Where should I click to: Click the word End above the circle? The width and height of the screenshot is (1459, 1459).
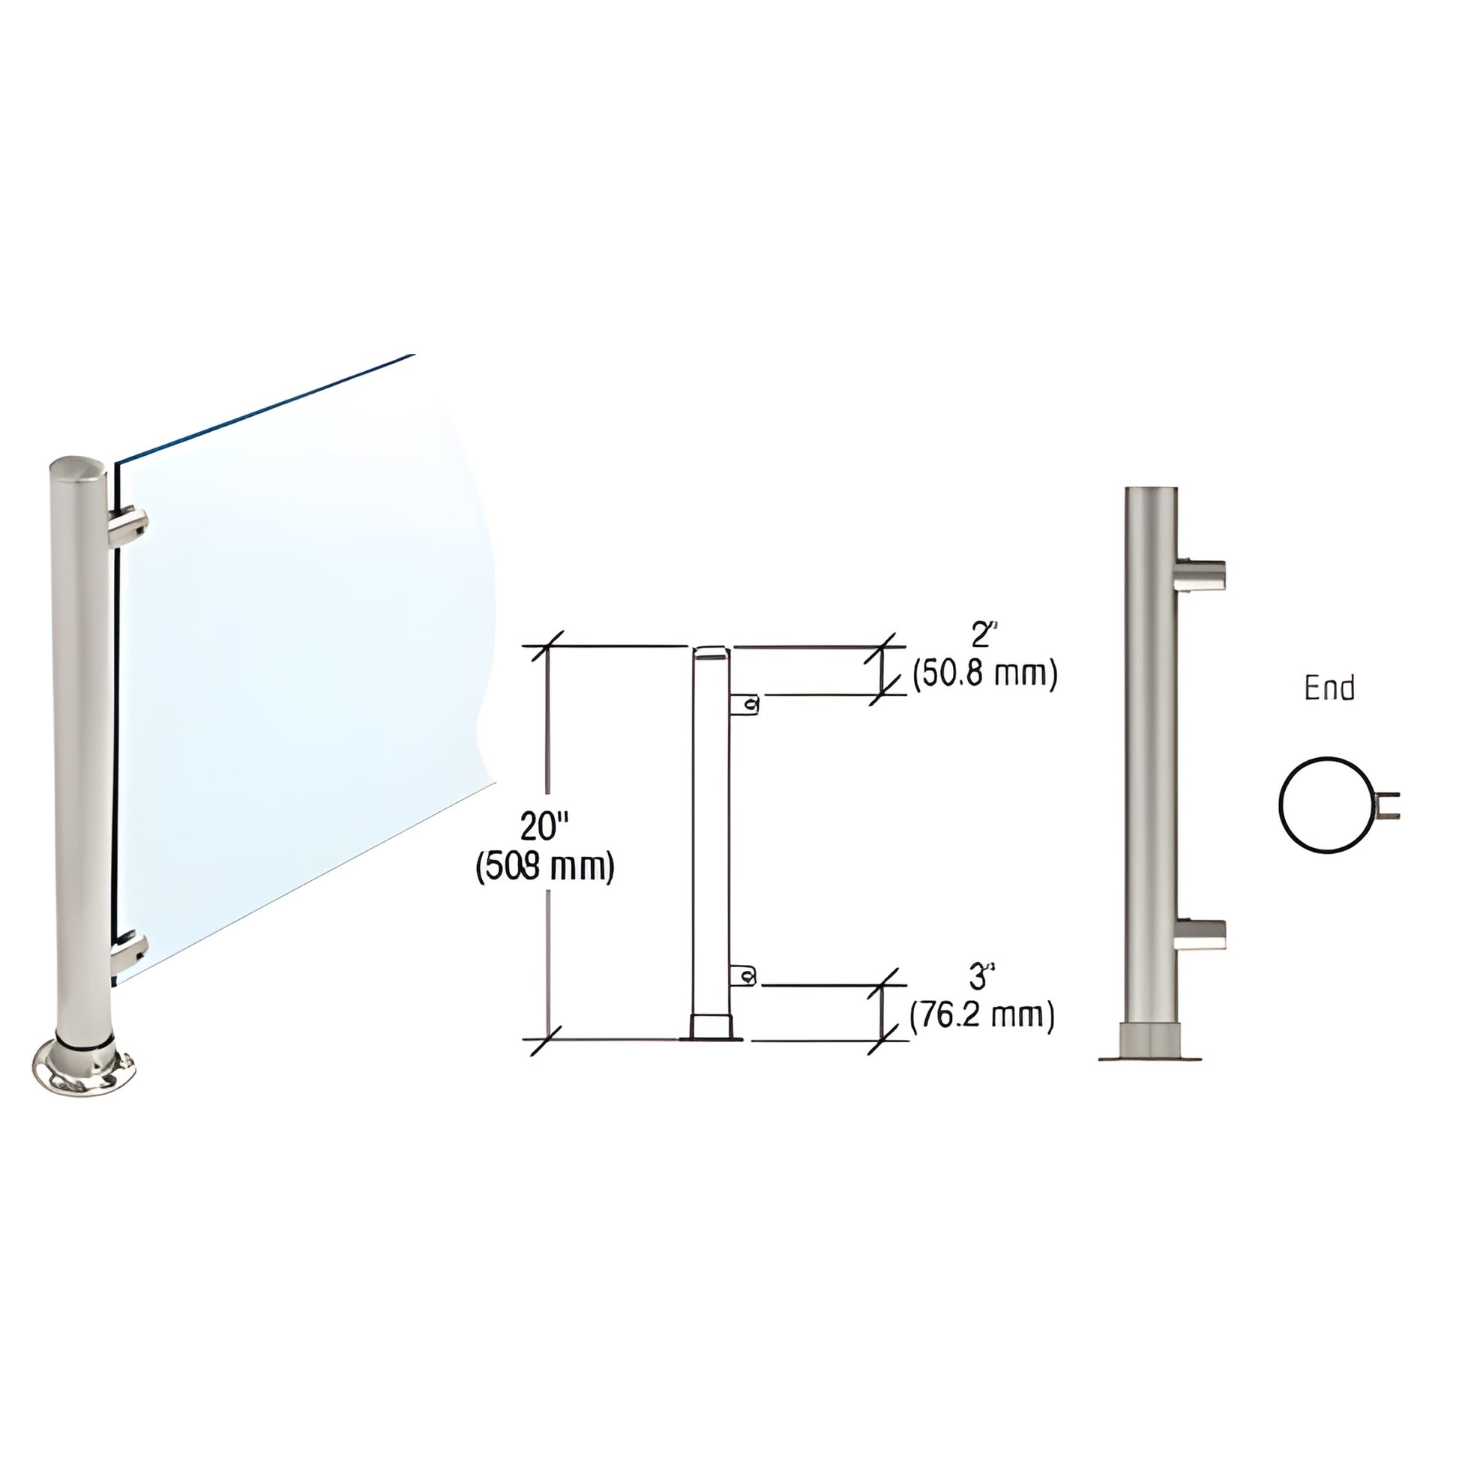(x=1329, y=688)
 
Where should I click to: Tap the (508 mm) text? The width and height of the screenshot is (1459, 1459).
(x=544, y=867)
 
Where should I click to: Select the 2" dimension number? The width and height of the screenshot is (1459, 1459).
(x=981, y=636)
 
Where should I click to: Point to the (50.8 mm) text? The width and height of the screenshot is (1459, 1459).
(x=984, y=673)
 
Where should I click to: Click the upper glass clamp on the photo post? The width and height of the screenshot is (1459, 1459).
(x=129, y=526)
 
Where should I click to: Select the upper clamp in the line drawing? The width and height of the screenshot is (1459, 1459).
(x=744, y=705)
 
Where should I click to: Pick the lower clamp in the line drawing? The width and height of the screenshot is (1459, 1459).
(x=744, y=976)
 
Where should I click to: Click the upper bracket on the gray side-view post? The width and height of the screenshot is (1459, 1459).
(x=1201, y=574)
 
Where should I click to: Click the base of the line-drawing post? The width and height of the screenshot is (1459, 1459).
(x=712, y=1029)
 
